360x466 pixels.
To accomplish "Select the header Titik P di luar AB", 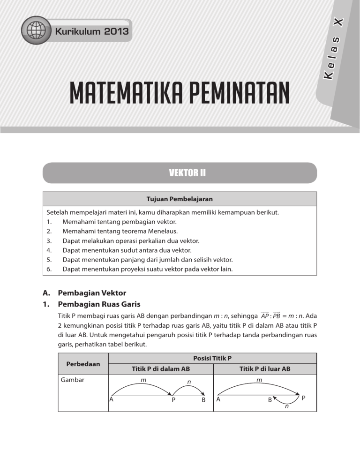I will click(265, 369).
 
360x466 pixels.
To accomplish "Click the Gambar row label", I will click(72, 380).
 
